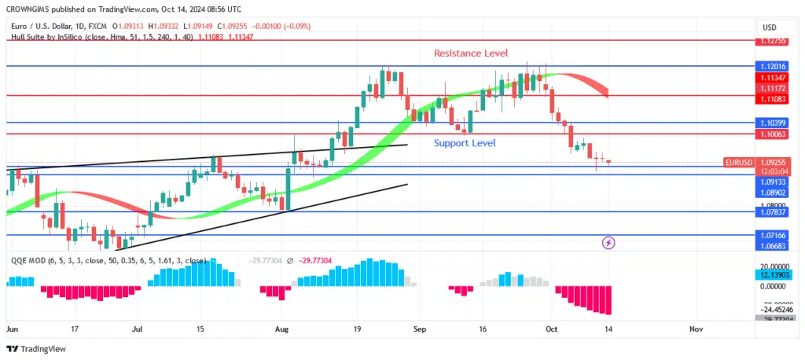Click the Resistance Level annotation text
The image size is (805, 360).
coord(471,53)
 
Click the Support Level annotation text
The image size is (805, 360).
coord(465,143)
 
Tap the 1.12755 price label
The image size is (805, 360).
coord(771,41)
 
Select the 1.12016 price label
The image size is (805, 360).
coord(771,67)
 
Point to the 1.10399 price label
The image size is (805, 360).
coord(771,123)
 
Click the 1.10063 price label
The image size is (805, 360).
coord(771,135)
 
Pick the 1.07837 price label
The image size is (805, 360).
coord(771,212)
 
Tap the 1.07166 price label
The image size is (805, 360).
coord(771,235)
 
